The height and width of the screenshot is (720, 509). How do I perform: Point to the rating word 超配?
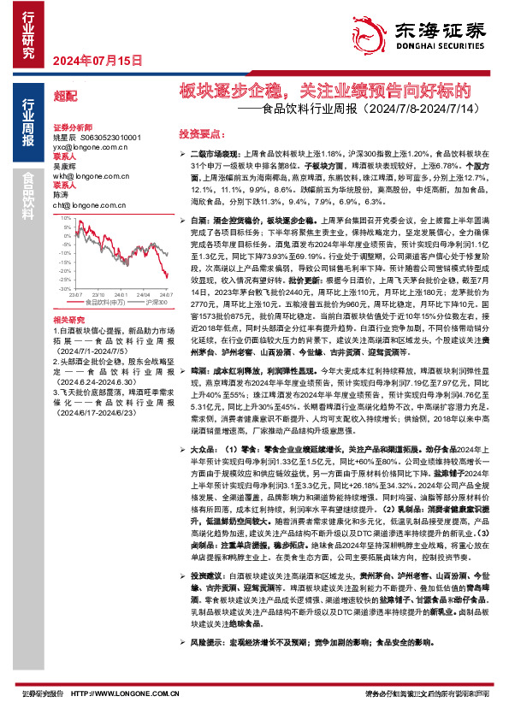tap(64, 97)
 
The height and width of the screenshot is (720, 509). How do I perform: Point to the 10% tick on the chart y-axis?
tap(68, 219)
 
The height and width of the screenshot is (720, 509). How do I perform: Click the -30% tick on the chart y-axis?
tap(66, 289)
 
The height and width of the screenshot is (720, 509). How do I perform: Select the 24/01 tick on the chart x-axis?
tap(121, 295)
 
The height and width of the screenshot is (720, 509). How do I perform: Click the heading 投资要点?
tap(201, 135)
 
